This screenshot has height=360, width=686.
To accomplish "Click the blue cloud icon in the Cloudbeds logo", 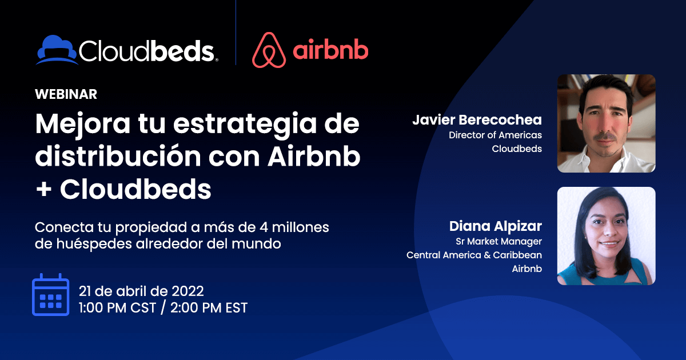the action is coord(57,50).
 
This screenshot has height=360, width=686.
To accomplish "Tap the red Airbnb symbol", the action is coord(269,50).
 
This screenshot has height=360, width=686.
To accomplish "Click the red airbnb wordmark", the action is coord(330,49).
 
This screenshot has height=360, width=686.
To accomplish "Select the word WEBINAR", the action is coord(66,94).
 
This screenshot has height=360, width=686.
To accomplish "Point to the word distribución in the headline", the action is coord(118,156).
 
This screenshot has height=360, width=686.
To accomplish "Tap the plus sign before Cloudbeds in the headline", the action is coord(44,189).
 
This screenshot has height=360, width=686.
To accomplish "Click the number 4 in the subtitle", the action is coord(264,227).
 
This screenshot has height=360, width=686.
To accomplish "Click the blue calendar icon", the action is coord(50,294).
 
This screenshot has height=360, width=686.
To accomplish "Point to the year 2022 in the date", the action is coord(188,291).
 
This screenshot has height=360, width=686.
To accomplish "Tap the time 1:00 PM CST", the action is coord(118,308).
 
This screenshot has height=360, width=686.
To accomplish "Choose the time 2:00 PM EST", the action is coord(209,308).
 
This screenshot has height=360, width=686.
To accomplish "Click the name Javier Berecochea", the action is coord(477,119).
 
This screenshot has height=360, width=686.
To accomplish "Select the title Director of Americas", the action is coord(495,135).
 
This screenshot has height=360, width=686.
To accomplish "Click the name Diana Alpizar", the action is coord(496,226).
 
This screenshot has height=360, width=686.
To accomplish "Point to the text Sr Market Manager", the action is coord(499,242).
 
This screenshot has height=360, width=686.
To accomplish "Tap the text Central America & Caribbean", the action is coord(474,255).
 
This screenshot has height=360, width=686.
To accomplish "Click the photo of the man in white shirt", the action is coord(607,123).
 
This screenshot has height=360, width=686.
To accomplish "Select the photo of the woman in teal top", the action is coord(607,236).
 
